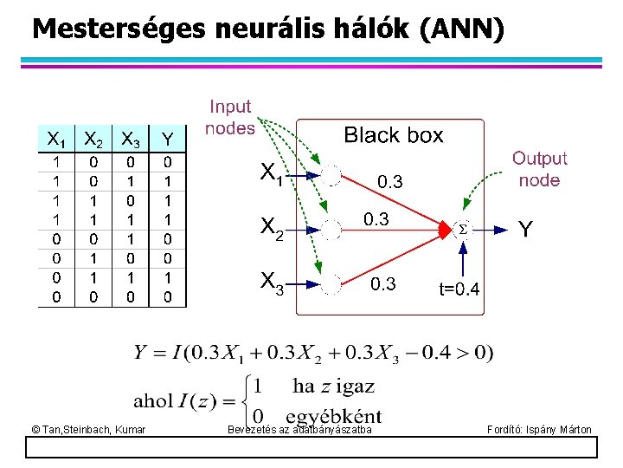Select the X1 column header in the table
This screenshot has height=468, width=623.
click(x=55, y=139)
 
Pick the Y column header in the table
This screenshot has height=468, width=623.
click(x=168, y=139)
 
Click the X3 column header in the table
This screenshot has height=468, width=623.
click(x=131, y=139)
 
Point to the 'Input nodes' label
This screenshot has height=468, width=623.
click(x=230, y=117)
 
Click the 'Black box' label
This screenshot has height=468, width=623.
click(x=394, y=135)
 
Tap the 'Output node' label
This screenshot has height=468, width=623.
click(x=539, y=169)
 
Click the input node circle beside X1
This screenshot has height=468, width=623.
click(x=332, y=176)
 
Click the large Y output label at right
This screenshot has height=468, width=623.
click(x=525, y=230)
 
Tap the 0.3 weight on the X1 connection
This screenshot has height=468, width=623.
click(x=389, y=182)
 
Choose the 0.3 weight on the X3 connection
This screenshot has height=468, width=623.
click(x=382, y=284)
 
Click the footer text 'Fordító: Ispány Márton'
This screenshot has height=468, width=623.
click(x=539, y=430)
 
